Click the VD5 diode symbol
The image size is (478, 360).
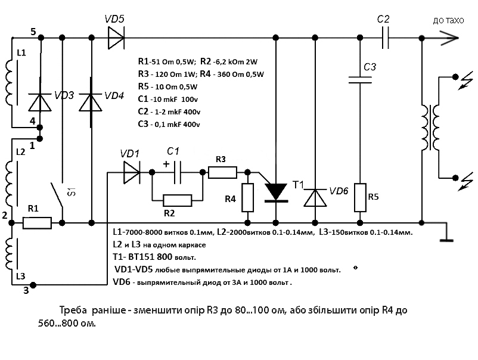tap(116, 38)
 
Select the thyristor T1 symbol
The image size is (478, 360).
tap(275, 192)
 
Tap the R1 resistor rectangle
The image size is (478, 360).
tap(37, 223)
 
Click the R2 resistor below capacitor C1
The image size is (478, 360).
tap(178, 201)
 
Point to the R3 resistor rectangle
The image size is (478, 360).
tap(222, 172)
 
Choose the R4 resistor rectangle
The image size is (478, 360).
tap(247, 197)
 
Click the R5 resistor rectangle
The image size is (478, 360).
tap(360, 197)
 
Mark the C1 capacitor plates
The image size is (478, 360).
tap(177, 172)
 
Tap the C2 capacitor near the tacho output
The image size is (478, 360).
tap(386, 38)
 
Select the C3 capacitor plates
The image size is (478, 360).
tap(360, 80)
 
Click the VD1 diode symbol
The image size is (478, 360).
tap(132, 172)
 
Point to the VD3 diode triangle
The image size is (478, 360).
tap(39, 103)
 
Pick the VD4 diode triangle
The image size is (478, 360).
tap(91, 103)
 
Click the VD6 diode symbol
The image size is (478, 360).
tap(315, 197)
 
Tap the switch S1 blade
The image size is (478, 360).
tap(57, 195)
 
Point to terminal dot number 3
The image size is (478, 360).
tap(33, 285)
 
